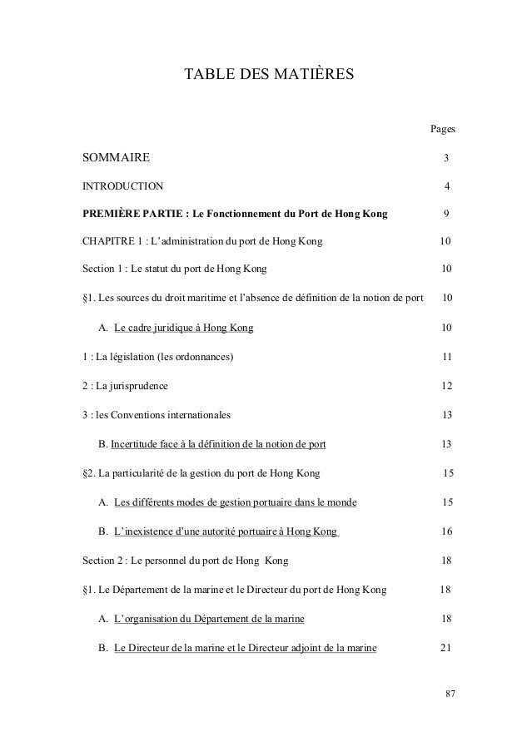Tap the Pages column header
click(x=441, y=129)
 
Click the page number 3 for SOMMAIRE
click(x=446, y=158)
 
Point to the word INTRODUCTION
click(x=122, y=185)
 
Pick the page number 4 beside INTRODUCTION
click(x=447, y=185)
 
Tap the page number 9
click(x=447, y=214)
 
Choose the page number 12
click(x=446, y=386)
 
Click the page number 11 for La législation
click(x=446, y=357)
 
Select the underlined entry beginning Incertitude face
click(x=218, y=443)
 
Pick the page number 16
click(x=446, y=531)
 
